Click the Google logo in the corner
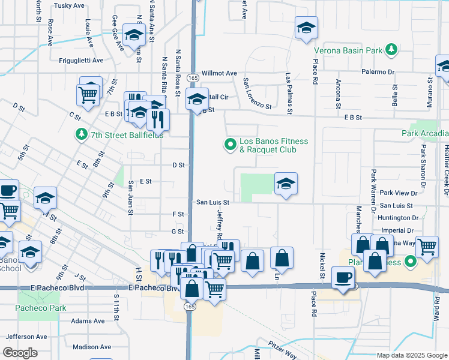(x=20, y=353)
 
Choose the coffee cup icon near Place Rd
(x=343, y=278)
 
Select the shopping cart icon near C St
(x=88, y=94)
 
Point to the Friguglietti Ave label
(x=81, y=61)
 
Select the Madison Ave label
(x=92, y=347)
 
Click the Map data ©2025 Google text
(x=411, y=355)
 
